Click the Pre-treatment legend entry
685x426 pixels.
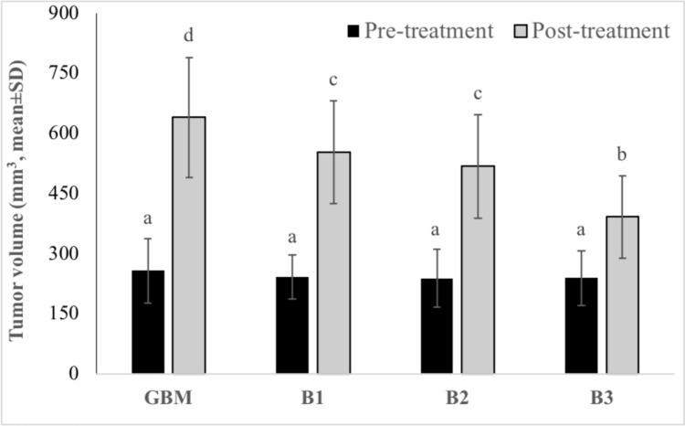[x=420, y=32]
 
